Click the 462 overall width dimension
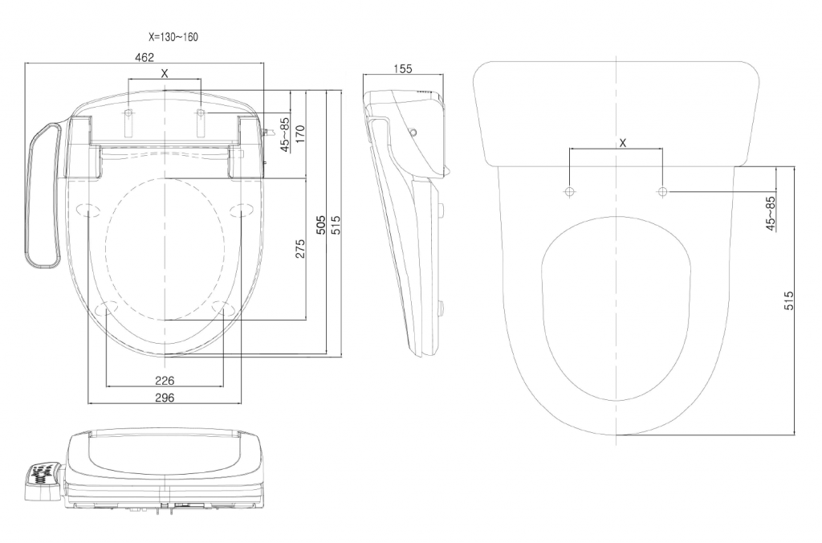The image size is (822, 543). [x=144, y=57]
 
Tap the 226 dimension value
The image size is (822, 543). [x=165, y=379]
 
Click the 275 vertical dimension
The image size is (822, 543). [x=299, y=248]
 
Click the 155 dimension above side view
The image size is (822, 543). [x=403, y=69]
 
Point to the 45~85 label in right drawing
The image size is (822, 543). [x=770, y=213]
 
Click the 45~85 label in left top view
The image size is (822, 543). [x=283, y=134]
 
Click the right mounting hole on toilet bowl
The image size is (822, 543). [x=662, y=192]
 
